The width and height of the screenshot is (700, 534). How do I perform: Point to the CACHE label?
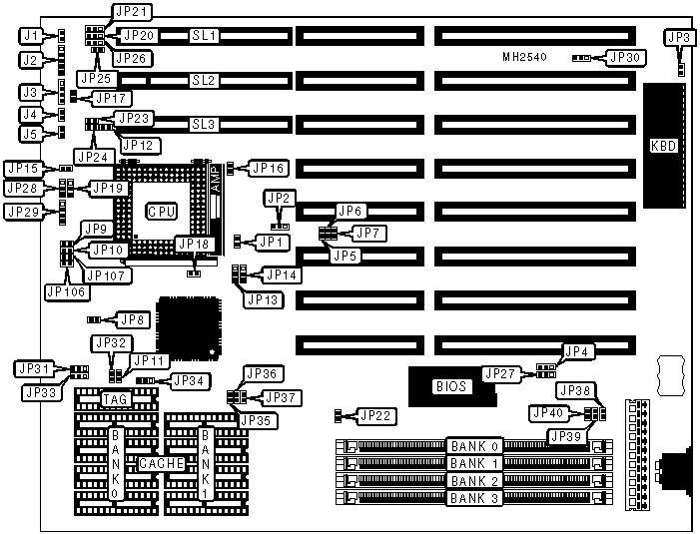coord(160,464)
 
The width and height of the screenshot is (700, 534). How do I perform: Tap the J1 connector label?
coord(31,36)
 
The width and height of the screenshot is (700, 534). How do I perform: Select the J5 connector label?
coord(31,134)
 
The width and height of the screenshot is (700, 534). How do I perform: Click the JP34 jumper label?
coord(189,380)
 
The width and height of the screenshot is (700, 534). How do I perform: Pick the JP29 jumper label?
coord(25,211)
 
